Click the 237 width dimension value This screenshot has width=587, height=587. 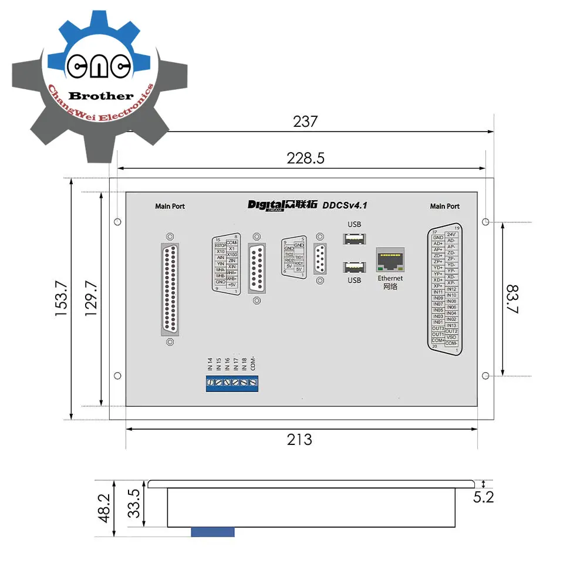point(305,122)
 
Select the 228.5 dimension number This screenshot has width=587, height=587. point(305,158)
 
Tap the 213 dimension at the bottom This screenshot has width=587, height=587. point(299,439)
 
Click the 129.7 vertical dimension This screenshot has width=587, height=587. point(92,299)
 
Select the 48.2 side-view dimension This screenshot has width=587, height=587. point(104,508)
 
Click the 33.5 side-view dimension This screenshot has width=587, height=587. point(134,504)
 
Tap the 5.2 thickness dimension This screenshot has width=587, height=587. point(483,497)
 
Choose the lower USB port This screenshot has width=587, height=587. point(354,267)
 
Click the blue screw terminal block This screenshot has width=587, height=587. point(232,383)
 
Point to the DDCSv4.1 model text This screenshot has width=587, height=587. point(345,205)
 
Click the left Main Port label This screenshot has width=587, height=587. point(170,206)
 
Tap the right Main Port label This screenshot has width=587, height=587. point(444,206)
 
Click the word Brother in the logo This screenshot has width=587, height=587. point(101,96)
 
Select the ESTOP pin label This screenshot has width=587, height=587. point(220,245)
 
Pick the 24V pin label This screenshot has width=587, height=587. point(451,234)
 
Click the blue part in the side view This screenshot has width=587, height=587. point(212,532)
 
